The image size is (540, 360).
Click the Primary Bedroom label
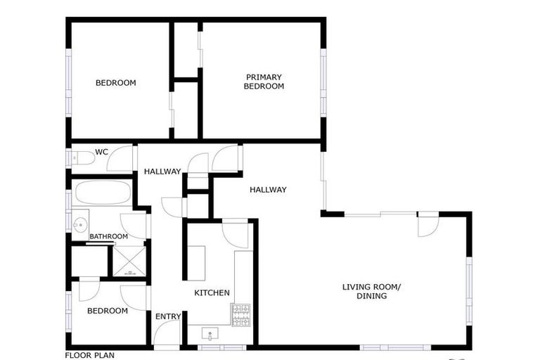(x=264, y=82)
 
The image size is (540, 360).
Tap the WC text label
(x=101, y=152)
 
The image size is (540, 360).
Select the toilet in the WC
(x=84, y=158)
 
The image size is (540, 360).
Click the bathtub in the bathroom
(x=103, y=193)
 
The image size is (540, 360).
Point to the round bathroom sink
(x=80, y=225)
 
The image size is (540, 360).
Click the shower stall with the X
(x=129, y=261)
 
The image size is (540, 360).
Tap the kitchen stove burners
(x=240, y=315)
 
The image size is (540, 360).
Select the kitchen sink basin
(x=210, y=334)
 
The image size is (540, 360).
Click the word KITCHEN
(x=212, y=292)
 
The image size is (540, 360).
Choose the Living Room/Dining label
(x=371, y=291)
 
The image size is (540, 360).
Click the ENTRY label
(x=168, y=316)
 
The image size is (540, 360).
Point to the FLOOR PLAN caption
(x=90, y=356)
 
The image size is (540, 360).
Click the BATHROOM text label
(x=109, y=237)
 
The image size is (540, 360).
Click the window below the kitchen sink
(x=222, y=347)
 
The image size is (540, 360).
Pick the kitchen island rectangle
(x=196, y=263)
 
